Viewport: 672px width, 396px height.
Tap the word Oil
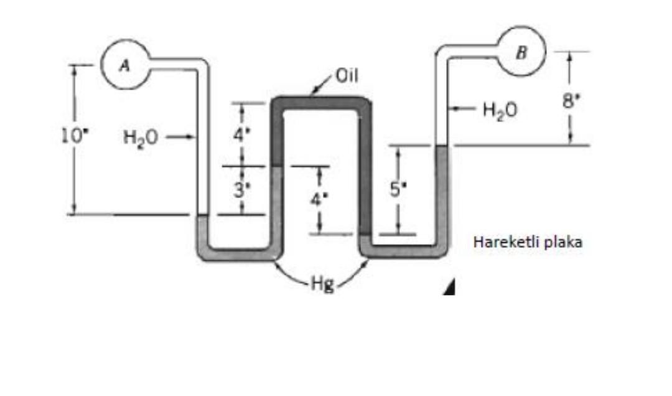pos(347,77)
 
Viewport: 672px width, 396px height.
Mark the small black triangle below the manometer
pos(450,288)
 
